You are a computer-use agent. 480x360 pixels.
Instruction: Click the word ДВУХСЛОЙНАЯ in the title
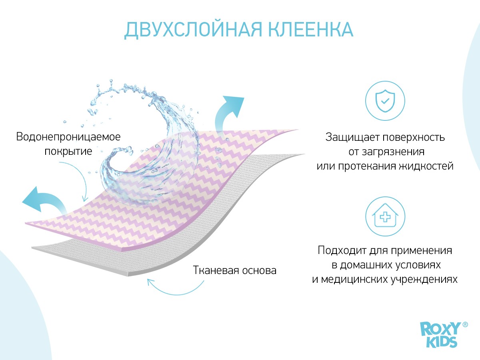tap(193, 30)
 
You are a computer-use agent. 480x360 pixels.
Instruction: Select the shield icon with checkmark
tap(385, 101)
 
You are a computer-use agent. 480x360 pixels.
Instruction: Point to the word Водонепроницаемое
tap(68, 137)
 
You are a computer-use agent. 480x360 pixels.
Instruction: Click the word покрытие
tap(68, 152)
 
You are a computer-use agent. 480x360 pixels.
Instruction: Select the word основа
tap(256, 271)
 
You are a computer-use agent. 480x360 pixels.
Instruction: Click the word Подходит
tap(342, 250)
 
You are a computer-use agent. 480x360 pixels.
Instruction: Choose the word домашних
tap(369, 265)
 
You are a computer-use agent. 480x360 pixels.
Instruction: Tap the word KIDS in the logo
tap(442, 342)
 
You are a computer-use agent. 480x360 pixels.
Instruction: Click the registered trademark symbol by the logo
tap(465, 324)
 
